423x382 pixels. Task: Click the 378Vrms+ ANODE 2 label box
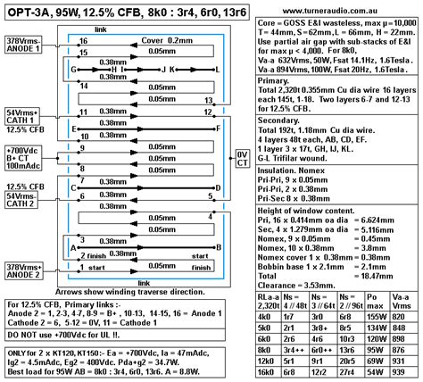(x=25, y=270)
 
